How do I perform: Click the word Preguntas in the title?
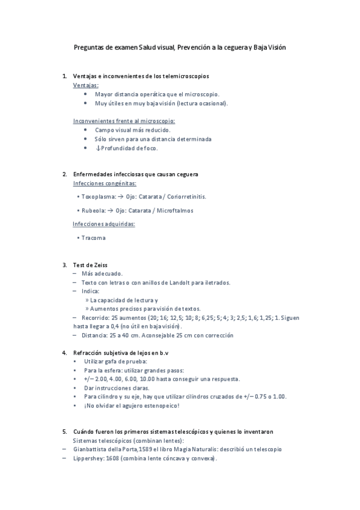pos(88,47)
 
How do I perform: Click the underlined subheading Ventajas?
pos(86,85)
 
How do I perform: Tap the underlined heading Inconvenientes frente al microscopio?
pos(120,120)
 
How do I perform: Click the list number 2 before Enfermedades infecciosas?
pos(64,174)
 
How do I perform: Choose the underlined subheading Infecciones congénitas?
pos(105,183)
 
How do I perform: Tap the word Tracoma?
pos(93,238)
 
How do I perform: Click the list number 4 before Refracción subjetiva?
pos(64,352)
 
